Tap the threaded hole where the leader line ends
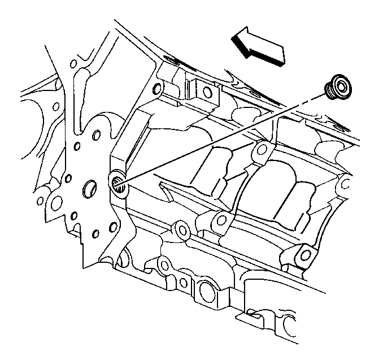pos(116,183)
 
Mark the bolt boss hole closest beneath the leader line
pos(259,149)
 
